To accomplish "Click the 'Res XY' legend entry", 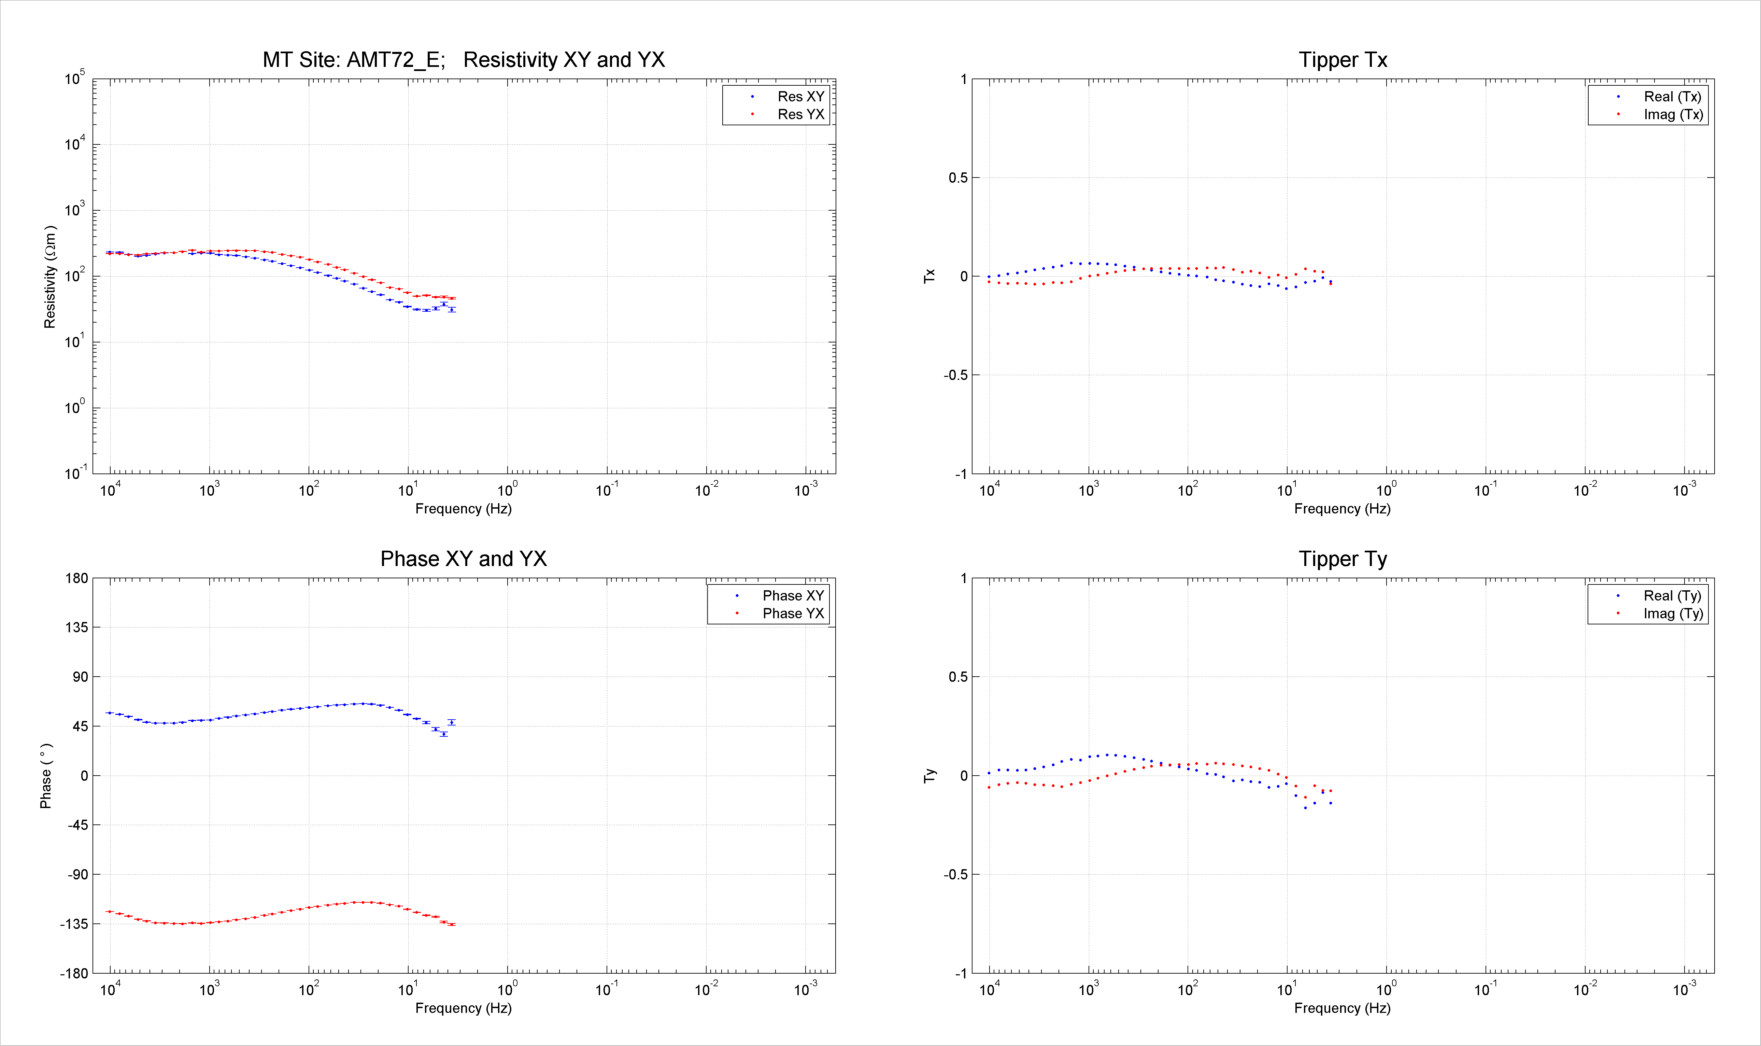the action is pos(788,97).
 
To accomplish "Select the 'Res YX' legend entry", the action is pos(788,114).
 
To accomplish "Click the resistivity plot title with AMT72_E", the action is pos(464,60).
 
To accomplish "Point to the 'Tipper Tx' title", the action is pos(1343,60).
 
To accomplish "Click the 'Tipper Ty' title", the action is pos(1343,559).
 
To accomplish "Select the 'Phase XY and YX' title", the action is pos(464,559).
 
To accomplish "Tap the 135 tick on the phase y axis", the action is pos(77,627).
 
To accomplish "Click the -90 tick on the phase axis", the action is pos(77,875).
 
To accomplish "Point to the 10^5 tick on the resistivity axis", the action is pos(75,77).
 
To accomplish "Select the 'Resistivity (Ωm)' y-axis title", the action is pos(49,277).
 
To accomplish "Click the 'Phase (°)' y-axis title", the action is pos(46,775).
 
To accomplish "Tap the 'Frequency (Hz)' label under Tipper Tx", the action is pos(1343,509).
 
